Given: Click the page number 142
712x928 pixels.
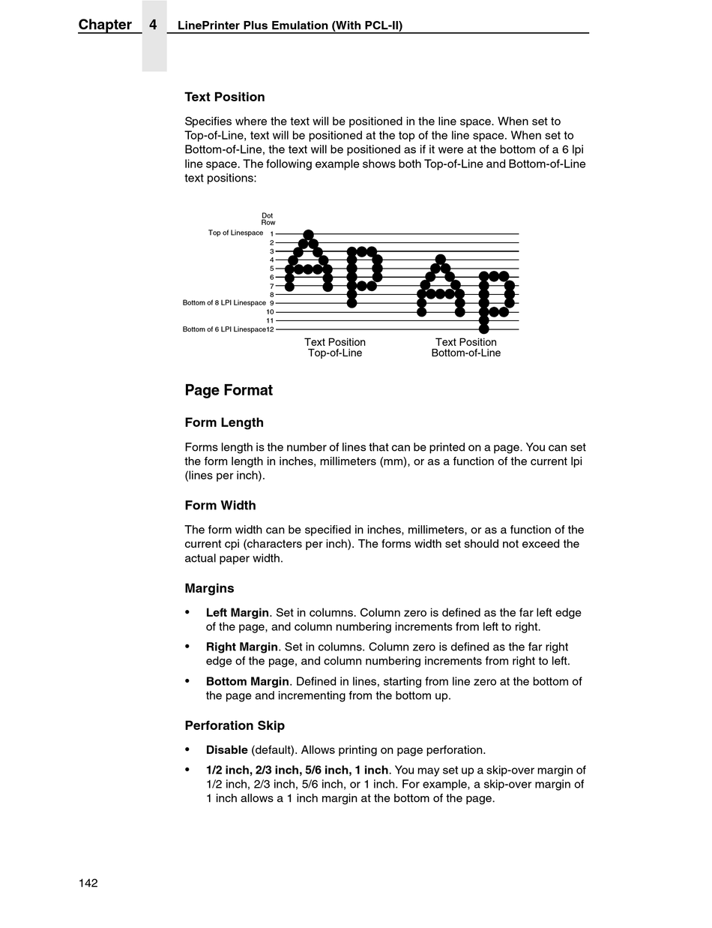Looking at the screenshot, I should coord(88,883).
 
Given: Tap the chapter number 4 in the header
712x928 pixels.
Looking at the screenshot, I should coord(153,25).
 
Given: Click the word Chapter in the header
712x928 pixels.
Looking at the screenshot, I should coord(105,25).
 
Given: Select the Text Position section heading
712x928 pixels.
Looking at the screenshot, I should coord(225,97).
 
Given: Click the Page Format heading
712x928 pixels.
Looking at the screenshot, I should coord(229,390).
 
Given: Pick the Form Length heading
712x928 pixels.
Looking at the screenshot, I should coord(224,422).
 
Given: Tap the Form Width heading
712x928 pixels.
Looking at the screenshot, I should coord(220,506).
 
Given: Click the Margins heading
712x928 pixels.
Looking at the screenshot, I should coord(209,589).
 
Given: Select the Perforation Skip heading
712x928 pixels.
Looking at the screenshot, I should coord(235,725).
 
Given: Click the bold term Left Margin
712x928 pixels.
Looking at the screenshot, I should coord(238,613).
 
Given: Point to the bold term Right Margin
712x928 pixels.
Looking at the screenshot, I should coord(241,647).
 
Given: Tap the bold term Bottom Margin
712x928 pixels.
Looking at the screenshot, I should coord(247,681).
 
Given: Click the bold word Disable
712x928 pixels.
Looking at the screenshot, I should coord(227,749).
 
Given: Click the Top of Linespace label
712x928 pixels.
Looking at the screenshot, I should coord(235,233).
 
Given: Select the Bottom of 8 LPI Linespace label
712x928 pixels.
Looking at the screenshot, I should coord(224,303).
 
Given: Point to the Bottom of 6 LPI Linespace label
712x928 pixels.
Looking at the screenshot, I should coord(224,329).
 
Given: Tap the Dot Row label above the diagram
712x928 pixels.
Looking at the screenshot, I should coord(268,219).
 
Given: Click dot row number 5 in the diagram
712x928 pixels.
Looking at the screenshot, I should coord(271,269).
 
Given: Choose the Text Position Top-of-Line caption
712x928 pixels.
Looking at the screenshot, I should coord(335,347).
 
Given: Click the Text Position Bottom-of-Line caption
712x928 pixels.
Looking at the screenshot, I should coord(466,347).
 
